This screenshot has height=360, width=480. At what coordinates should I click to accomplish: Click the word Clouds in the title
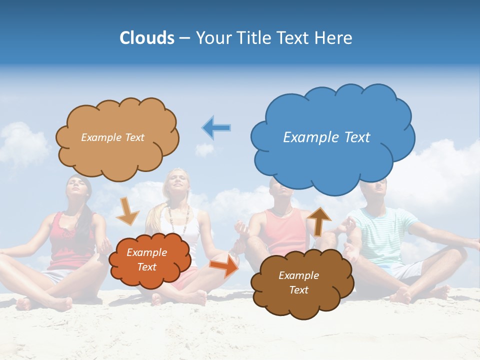click(146, 38)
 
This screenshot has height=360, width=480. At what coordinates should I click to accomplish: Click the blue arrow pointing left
click(216, 127)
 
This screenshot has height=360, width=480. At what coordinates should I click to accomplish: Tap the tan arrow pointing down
click(127, 210)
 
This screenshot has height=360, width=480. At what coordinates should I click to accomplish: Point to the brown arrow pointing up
click(319, 221)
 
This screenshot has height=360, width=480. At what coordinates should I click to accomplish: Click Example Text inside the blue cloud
click(326, 137)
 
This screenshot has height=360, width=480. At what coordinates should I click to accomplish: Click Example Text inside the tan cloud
click(112, 137)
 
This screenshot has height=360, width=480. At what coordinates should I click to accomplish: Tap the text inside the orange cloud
click(146, 259)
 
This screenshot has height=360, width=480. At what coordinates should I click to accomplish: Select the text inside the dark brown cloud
click(298, 282)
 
